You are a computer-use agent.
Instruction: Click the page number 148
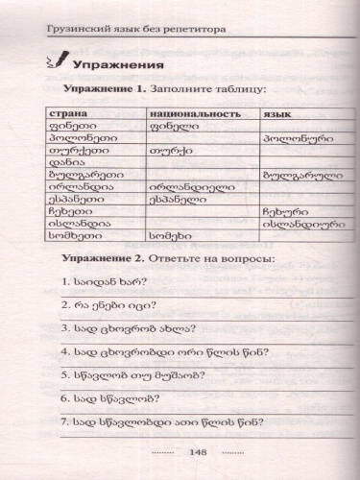pos(199,452)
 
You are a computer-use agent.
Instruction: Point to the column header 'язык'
pos(277,113)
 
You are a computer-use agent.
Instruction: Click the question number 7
pos(62,420)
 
